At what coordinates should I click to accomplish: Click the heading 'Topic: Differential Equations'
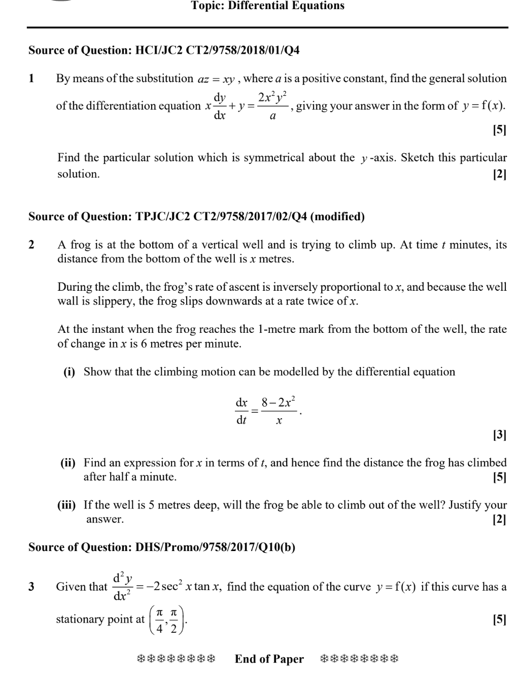pyautogui.click(x=267, y=6)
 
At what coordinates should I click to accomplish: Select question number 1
pyautogui.click(x=31, y=79)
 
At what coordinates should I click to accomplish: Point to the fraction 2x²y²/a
pyautogui.click(x=273, y=106)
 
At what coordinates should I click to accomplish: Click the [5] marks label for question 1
pyautogui.click(x=499, y=130)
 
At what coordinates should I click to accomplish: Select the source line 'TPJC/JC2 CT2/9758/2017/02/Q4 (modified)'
pyautogui.click(x=196, y=217)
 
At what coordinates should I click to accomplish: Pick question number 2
pyautogui.click(x=31, y=245)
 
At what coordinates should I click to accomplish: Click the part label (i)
pyautogui.click(x=69, y=372)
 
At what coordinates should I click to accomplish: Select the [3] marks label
pyautogui.click(x=499, y=435)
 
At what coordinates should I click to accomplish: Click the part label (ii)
pyautogui.click(x=68, y=463)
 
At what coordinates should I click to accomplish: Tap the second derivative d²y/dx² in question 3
pyautogui.click(x=122, y=587)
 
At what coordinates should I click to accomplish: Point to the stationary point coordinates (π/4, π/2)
pyautogui.click(x=166, y=620)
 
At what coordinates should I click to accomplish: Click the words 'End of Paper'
pyautogui.click(x=269, y=659)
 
